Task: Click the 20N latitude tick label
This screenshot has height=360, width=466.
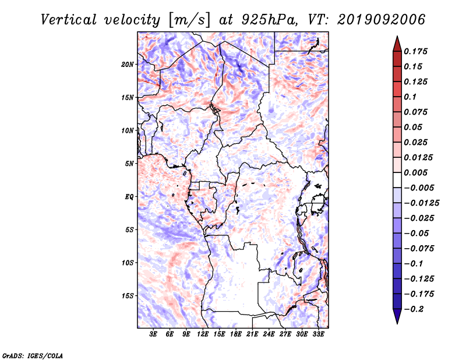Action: (x=128, y=65)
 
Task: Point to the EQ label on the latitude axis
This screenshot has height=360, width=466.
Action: (x=129, y=197)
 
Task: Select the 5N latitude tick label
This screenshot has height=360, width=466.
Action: (x=129, y=164)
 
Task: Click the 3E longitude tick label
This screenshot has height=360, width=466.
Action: (x=153, y=334)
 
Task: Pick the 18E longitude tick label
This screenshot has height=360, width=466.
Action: (x=236, y=334)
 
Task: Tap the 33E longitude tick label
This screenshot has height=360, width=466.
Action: (x=318, y=334)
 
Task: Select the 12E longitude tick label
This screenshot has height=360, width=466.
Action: (x=203, y=334)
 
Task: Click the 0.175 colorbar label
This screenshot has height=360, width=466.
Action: (x=415, y=51)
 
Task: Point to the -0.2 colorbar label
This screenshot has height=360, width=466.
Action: (x=414, y=309)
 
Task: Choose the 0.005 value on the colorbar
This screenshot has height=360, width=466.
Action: (x=415, y=172)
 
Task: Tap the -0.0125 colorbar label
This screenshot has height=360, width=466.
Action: (x=421, y=203)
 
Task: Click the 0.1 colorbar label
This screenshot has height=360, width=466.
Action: (x=410, y=97)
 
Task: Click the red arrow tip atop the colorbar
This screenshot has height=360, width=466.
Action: (x=397, y=36)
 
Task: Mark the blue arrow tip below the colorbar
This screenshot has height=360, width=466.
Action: (x=397, y=323)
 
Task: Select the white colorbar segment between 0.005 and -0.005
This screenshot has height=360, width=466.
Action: (x=397, y=180)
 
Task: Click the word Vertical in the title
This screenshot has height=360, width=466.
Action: (x=69, y=20)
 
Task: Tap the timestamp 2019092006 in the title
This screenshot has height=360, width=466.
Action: (x=382, y=20)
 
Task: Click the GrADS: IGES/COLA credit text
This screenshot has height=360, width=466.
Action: (x=33, y=355)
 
